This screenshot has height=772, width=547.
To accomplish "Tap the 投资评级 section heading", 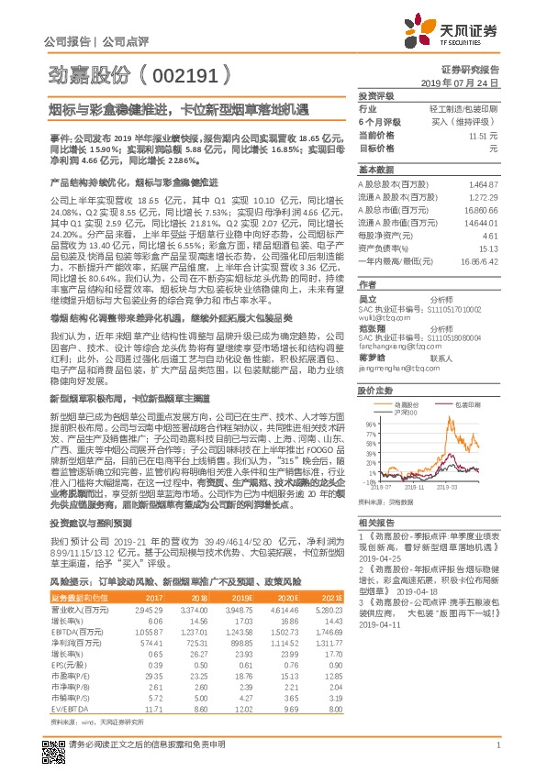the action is click(x=376, y=95).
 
